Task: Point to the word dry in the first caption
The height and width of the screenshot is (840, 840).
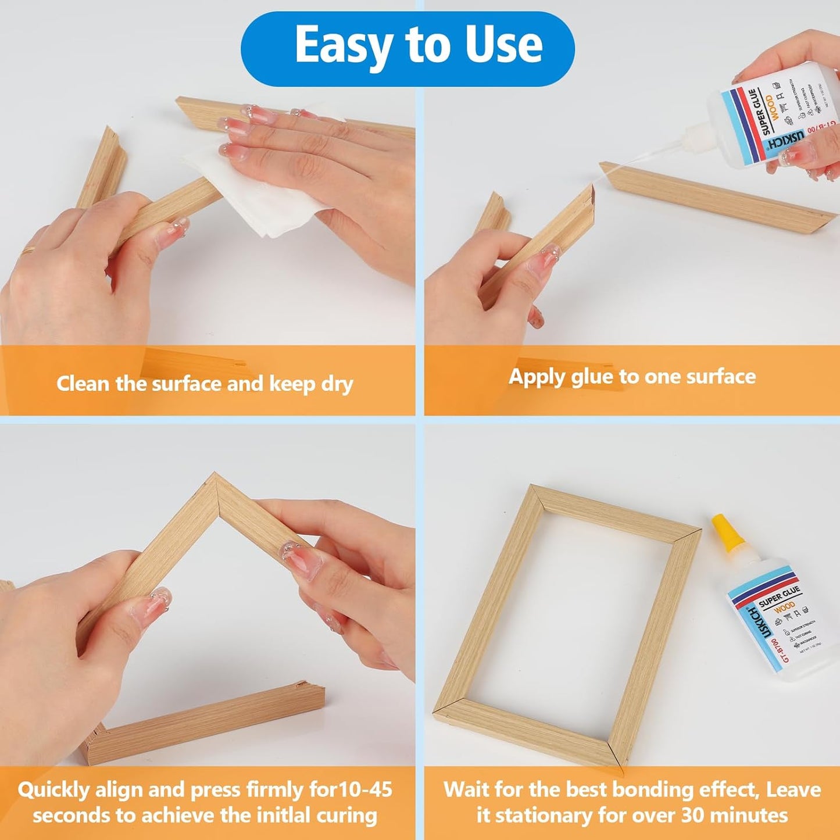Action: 337,385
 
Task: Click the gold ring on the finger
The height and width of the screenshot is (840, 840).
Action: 28,251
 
